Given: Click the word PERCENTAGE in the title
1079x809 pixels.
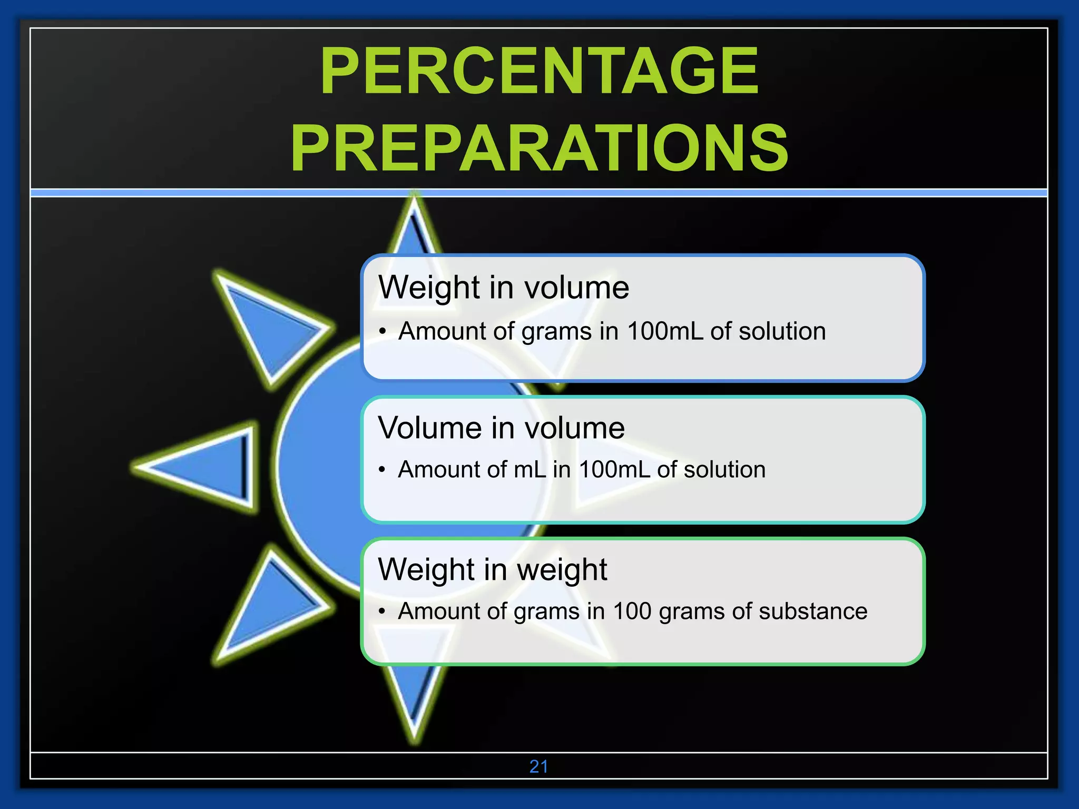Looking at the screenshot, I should (x=539, y=71).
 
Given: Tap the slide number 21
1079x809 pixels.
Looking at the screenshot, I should (x=538, y=766).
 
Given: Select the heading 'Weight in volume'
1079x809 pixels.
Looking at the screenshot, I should (x=503, y=288).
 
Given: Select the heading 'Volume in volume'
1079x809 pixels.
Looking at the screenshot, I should (x=501, y=428).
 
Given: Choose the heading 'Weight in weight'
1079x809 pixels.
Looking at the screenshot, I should (x=492, y=569).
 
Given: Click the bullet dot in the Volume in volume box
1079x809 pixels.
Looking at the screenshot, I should (x=382, y=470).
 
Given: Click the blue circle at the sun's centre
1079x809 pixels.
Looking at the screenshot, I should (x=321, y=463).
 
